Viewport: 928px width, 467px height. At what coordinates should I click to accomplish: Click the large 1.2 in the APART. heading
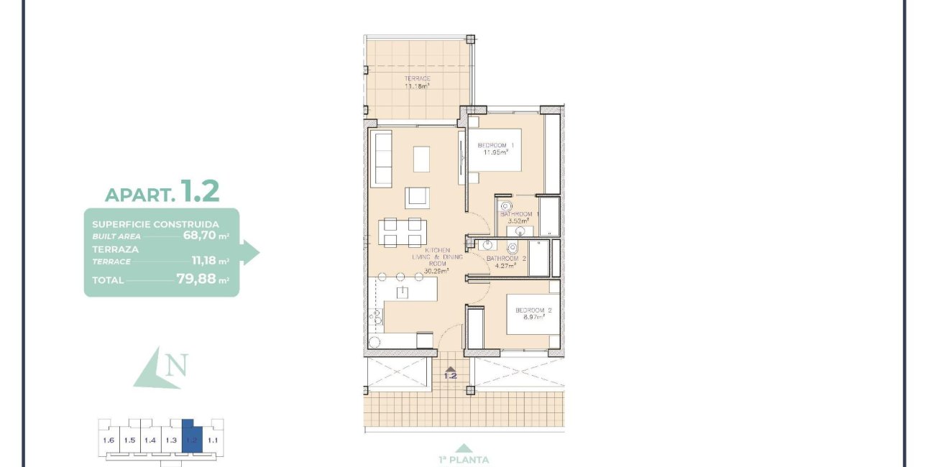click(x=200, y=191)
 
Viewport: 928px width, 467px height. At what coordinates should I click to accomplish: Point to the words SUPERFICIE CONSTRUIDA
click(x=156, y=224)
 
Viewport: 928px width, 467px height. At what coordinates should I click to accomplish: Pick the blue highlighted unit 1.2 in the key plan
click(x=192, y=439)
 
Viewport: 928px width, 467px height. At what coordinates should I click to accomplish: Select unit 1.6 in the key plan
click(x=109, y=440)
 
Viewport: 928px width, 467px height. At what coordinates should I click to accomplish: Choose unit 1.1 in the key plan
click(x=213, y=440)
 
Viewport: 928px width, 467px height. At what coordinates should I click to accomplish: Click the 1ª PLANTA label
click(x=464, y=460)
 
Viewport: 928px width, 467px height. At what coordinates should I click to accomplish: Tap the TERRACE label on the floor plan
click(x=417, y=78)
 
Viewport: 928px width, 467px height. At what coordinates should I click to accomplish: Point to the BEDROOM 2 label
click(x=533, y=310)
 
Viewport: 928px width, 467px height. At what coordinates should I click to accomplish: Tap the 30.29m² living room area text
click(x=436, y=271)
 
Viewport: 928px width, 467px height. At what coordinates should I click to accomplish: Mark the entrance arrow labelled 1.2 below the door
click(x=451, y=373)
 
